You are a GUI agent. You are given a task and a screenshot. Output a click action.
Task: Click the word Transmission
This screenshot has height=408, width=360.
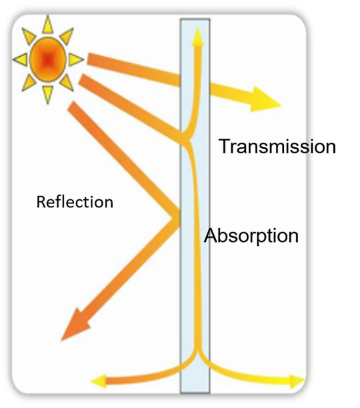point(277,146)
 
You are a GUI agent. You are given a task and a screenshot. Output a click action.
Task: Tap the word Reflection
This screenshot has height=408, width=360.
point(75,202)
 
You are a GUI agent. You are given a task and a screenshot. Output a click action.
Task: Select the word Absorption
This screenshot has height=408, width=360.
point(251,236)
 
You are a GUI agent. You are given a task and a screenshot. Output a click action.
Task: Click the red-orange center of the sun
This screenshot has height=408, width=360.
point(47,59)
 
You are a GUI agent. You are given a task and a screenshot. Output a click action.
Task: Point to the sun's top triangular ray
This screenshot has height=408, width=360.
point(47,25)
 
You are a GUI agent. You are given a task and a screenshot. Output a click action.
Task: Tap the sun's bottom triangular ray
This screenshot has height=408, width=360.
point(47,94)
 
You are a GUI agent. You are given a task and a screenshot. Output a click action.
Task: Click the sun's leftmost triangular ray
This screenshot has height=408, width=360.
point(21,59)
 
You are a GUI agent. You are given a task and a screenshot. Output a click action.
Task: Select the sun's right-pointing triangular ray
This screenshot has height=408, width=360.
point(75,59)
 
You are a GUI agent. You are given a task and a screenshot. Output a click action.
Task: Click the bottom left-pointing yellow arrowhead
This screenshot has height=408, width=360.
point(99,381)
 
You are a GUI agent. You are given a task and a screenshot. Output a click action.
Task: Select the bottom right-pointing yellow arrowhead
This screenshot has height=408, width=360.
point(297,381)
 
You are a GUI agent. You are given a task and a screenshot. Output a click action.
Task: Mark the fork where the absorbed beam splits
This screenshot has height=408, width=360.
point(188,139)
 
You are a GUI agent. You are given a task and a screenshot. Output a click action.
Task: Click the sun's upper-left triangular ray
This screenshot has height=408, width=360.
point(28,36)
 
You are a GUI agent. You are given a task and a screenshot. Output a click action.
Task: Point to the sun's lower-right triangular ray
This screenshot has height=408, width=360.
point(67,83)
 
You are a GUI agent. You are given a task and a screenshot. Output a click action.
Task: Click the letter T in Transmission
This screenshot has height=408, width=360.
point(225,146)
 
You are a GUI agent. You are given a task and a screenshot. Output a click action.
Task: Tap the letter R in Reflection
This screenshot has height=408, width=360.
point(41,202)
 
